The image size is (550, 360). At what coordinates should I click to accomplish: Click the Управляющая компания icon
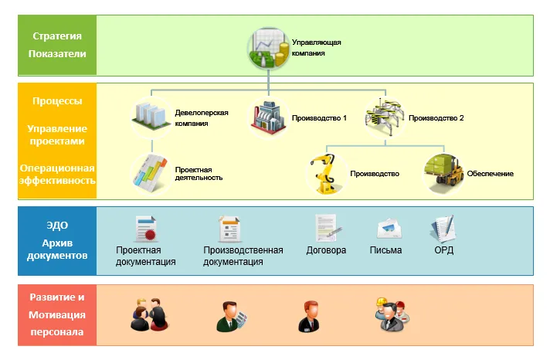tap(267, 49)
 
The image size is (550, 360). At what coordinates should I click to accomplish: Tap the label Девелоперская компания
tap(201, 117)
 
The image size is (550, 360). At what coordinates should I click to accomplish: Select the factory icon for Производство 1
tap(268, 118)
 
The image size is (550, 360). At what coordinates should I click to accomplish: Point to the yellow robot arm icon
tap(325, 172)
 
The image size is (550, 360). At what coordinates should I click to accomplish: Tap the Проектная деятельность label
tap(199, 173)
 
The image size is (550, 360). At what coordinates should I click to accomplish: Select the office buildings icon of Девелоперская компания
tap(151, 117)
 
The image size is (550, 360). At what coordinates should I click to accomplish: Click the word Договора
tap(326, 250)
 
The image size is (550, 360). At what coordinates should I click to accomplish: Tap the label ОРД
tap(443, 250)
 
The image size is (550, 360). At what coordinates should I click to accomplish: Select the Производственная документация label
tap(243, 256)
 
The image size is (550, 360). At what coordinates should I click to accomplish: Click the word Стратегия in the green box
tap(57, 36)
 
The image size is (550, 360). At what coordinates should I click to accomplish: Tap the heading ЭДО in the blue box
tap(57, 226)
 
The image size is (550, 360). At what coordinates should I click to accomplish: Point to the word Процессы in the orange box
tap(57, 101)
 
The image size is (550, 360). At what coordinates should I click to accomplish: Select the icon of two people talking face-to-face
tap(148, 314)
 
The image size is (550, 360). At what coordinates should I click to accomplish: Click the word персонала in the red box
tap(57, 333)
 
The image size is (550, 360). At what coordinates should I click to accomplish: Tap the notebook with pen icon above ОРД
tap(443, 229)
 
